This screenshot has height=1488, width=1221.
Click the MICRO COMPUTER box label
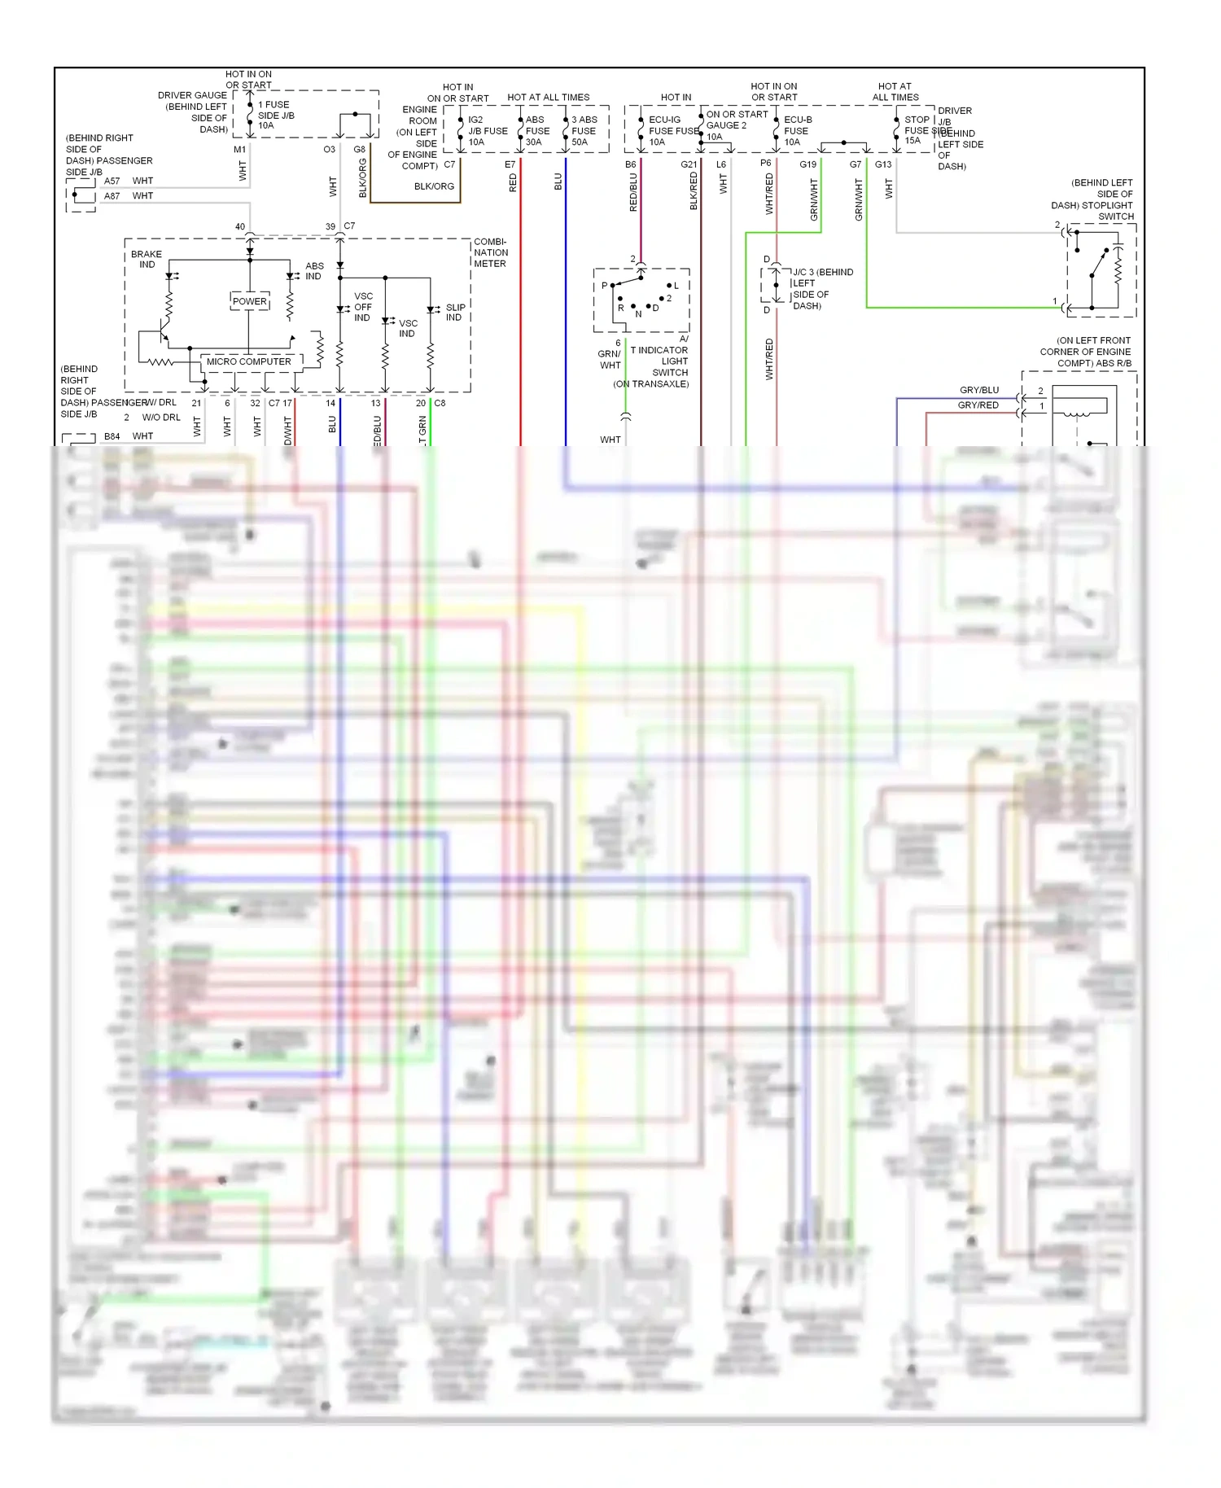pyautogui.click(x=248, y=361)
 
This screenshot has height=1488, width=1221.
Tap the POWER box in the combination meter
pyautogui.click(x=249, y=301)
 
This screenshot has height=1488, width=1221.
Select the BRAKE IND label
pyautogui.click(x=147, y=259)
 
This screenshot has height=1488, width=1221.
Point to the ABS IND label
pyautogui.click(x=314, y=271)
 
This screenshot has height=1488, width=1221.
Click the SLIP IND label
pyautogui.click(x=455, y=313)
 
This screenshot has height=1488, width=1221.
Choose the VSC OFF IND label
pyautogui.click(x=363, y=307)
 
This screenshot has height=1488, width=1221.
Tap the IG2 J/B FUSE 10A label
pyautogui.click(x=487, y=130)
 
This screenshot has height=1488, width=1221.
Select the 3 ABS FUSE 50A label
pyautogui.click(x=584, y=130)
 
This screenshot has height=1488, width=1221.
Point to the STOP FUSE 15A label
pyautogui.click(x=916, y=129)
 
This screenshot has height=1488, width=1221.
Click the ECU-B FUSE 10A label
pyautogui.click(x=797, y=130)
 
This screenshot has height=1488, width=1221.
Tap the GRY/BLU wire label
pyautogui.click(x=978, y=390)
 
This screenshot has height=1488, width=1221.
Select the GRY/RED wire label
pyautogui.click(x=978, y=405)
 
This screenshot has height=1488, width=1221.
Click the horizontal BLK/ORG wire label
pyautogui.click(x=434, y=186)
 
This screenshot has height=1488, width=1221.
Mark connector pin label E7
pyautogui.click(x=510, y=164)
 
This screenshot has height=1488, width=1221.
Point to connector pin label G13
pyautogui.click(x=883, y=164)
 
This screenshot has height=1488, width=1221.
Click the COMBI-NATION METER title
pyautogui.click(x=491, y=252)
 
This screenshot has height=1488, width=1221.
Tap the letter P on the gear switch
pyautogui.click(x=604, y=286)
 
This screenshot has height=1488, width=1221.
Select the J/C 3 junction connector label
pyautogui.click(x=822, y=272)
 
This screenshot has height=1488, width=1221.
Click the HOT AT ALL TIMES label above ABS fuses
pyautogui.click(x=548, y=98)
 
